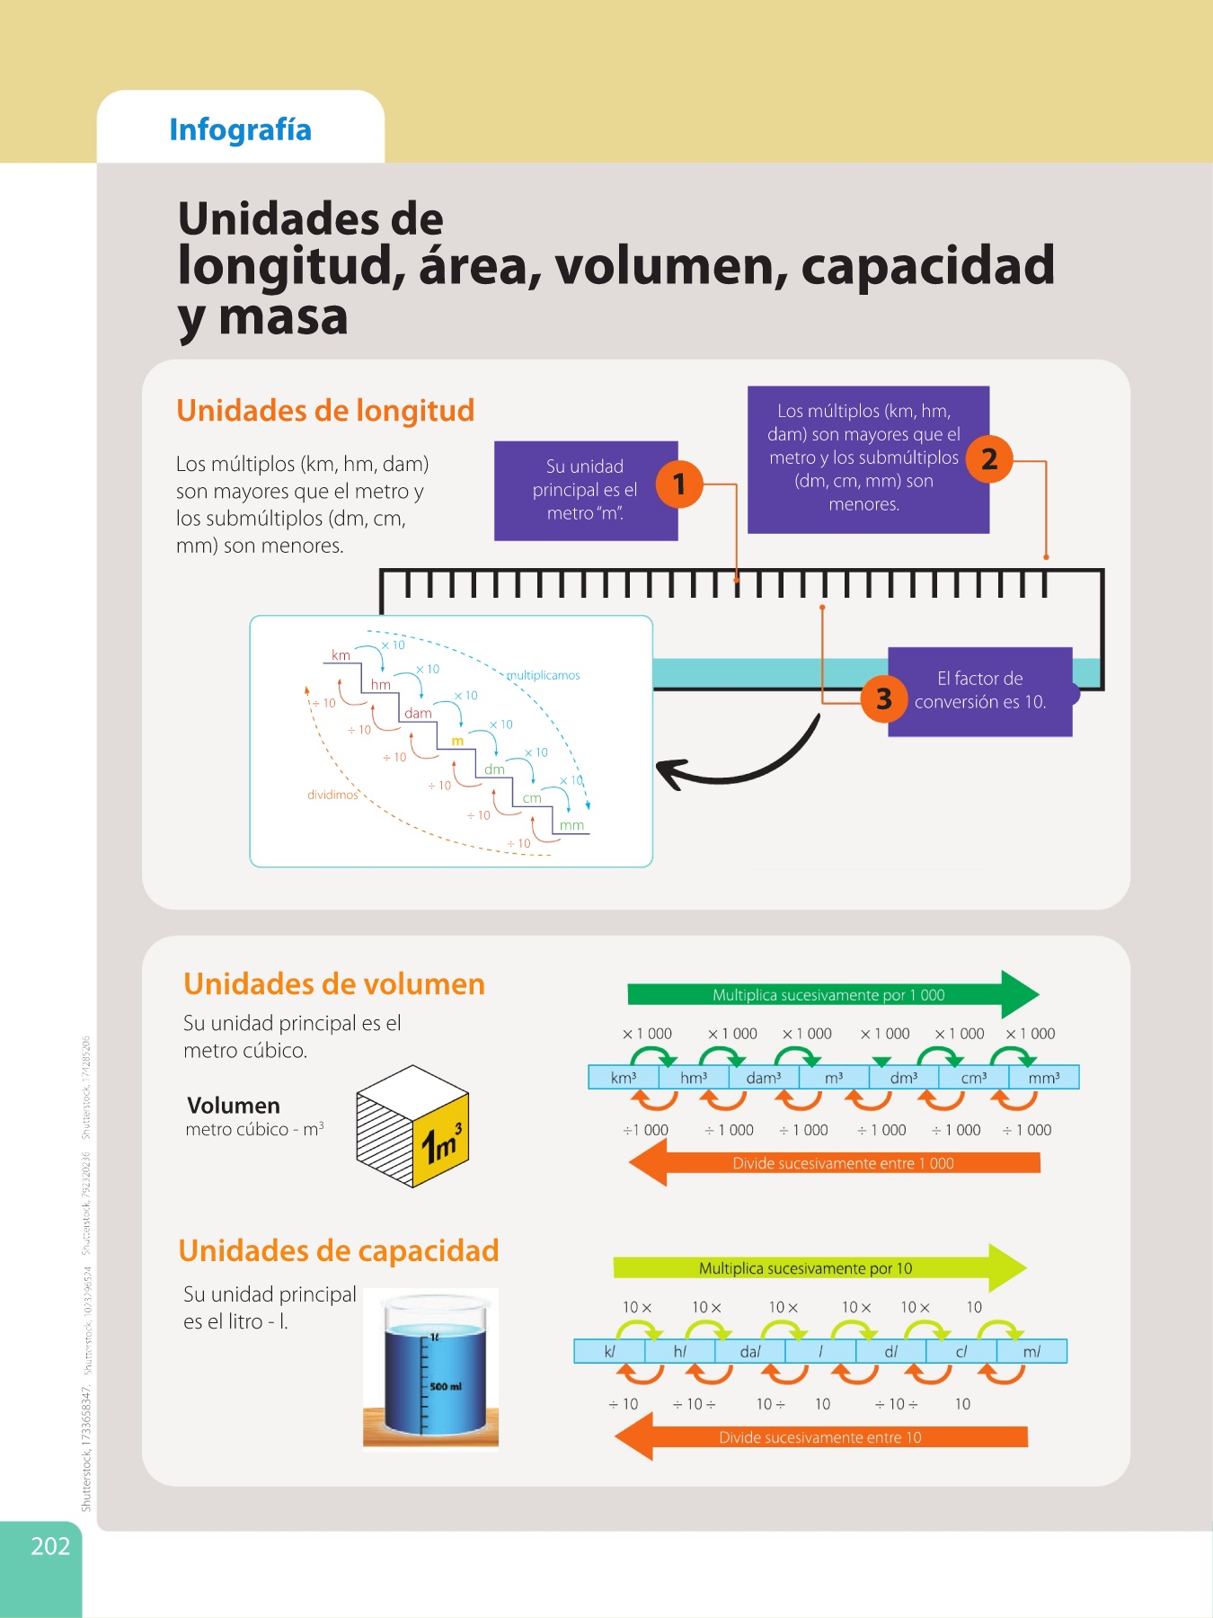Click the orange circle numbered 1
point(679,484)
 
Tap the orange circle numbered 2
point(989,458)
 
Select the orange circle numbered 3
point(884,698)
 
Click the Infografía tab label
point(240,129)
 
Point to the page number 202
point(50,1546)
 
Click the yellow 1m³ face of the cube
point(441,1141)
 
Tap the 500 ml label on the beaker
point(446,1386)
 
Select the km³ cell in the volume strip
point(624,1077)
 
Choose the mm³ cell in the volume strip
point(1044,1077)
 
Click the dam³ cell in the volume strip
point(764,1077)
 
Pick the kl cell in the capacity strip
point(609,1351)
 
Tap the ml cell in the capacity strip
point(1031,1351)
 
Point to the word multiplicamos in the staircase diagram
point(544,675)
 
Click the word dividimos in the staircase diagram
point(332,795)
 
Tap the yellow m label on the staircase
point(457,741)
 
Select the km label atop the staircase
point(341,655)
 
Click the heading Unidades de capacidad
point(339,1250)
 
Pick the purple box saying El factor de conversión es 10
point(980,691)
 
